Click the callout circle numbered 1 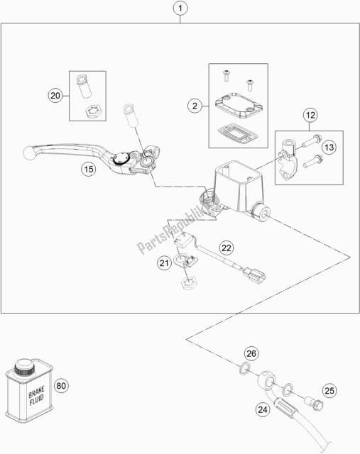tap(180, 8)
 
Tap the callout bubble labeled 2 tap(195, 106)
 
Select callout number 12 tap(310, 115)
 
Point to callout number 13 tap(329, 148)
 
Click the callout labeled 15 tap(89, 169)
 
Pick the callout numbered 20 tap(55, 95)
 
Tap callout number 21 tap(164, 263)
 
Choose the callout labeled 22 tap(227, 248)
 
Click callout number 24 tap(263, 409)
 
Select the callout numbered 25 tap(329, 391)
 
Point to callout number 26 tap(251, 353)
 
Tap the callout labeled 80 tap(61, 386)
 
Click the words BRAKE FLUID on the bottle tap(36, 396)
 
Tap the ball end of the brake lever tap(29, 153)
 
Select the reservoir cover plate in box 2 tap(239, 105)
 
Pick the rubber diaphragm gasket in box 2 tap(237, 133)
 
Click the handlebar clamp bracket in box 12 tap(286, 160)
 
